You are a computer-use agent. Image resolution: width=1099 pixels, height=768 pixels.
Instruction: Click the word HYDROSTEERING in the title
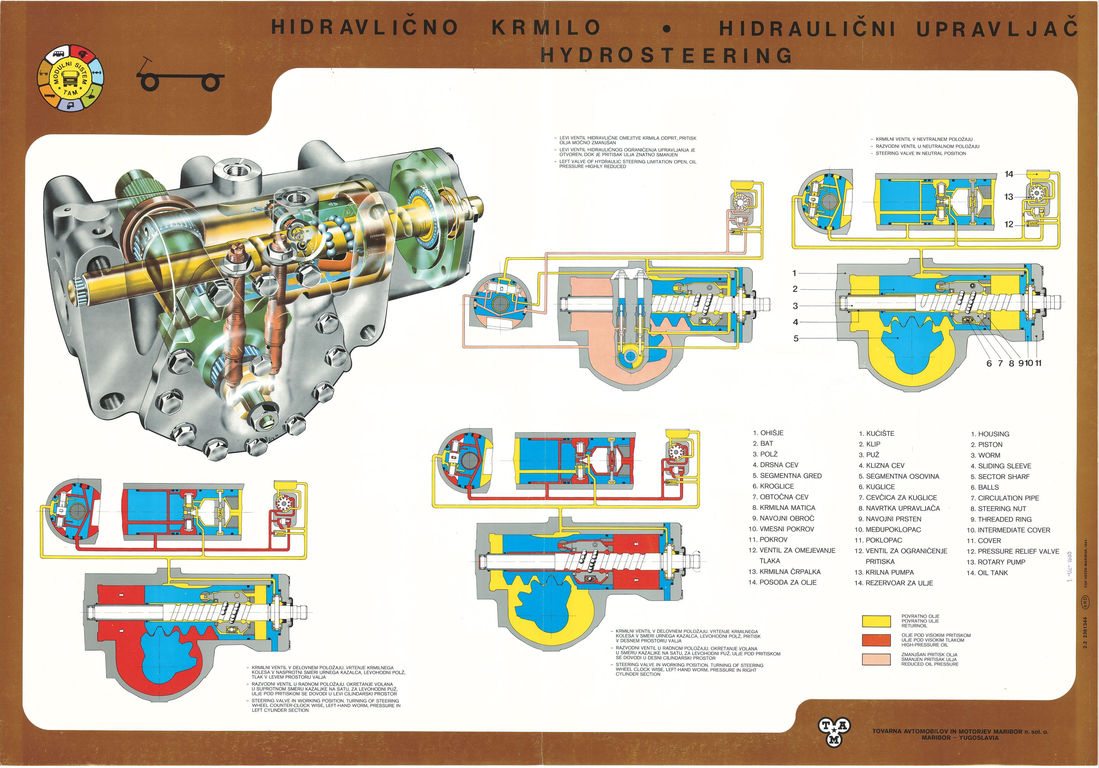666,56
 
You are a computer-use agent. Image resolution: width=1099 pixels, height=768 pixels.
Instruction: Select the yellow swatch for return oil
876,621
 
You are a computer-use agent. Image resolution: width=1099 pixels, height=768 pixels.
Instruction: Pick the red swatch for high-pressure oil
876,640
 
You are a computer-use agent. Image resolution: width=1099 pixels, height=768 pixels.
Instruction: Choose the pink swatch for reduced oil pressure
876,659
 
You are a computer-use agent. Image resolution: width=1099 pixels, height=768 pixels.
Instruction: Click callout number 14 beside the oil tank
1008,174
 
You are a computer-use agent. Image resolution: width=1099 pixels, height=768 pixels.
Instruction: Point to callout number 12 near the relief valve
1008,224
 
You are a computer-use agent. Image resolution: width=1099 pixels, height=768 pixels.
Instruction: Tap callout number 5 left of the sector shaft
796,338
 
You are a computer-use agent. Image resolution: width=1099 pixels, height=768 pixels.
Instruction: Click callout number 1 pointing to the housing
794,273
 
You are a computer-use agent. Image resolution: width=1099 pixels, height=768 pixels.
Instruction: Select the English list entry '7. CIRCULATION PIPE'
1004,498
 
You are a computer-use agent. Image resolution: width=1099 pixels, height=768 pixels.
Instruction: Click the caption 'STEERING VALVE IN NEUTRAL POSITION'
920,154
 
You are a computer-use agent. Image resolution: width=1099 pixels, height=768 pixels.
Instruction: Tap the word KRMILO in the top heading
546,28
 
